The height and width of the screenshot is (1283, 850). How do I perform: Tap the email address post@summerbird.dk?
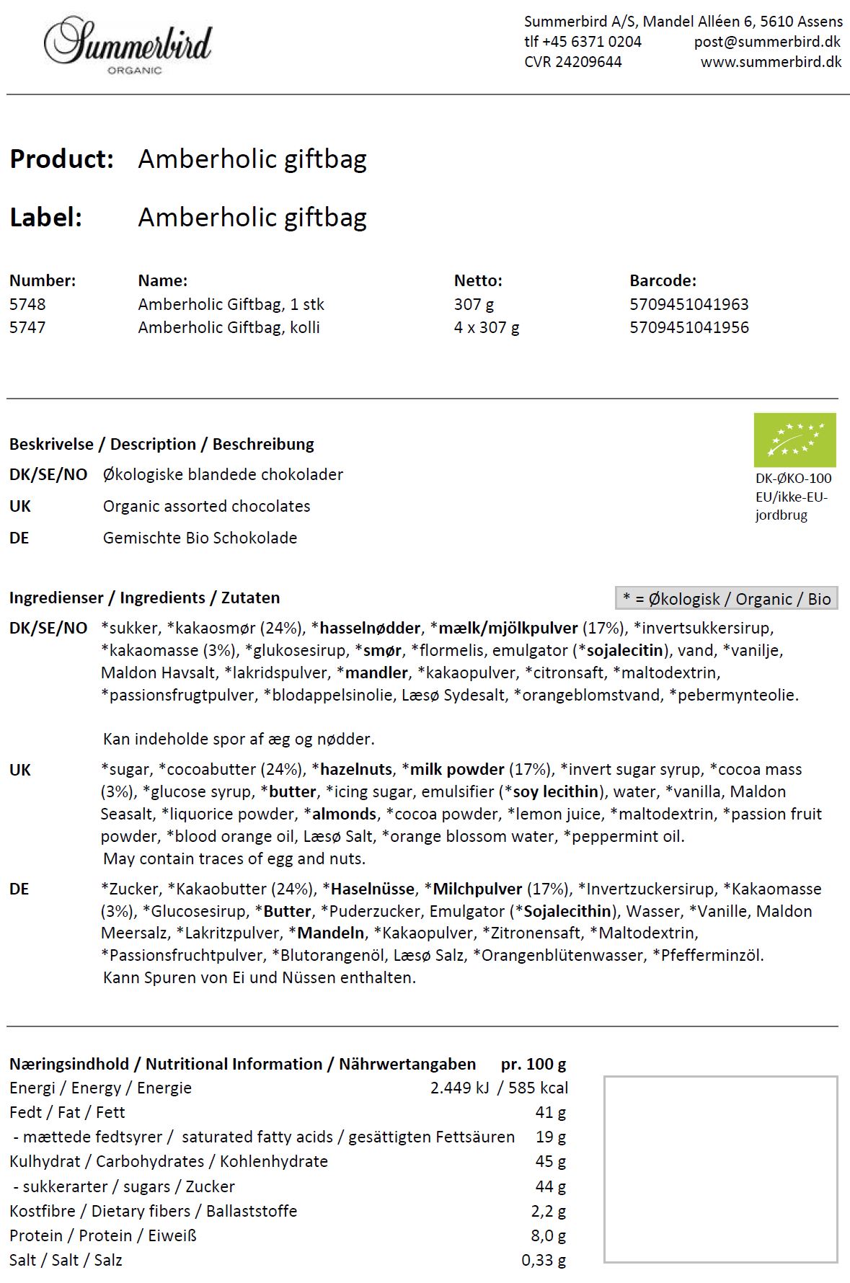767,42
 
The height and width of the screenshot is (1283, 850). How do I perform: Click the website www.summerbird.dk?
771,62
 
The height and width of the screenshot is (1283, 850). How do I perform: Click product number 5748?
27,304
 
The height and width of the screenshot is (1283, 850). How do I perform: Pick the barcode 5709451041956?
689,327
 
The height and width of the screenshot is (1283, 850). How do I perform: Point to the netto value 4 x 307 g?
487,327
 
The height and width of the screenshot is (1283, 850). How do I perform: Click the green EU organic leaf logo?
794,440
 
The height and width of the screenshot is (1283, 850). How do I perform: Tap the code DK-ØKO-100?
793,478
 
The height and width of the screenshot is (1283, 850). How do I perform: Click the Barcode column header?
663,280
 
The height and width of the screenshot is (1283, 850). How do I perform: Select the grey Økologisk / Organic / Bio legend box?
726,598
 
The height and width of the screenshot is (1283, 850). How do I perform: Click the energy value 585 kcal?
538,1088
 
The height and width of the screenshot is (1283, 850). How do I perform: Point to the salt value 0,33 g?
544,1260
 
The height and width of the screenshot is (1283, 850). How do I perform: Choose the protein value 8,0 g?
548,1235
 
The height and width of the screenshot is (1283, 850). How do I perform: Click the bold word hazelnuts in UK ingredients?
356,769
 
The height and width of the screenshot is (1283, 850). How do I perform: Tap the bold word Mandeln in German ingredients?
330,933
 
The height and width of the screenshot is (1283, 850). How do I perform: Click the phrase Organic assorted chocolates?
206,506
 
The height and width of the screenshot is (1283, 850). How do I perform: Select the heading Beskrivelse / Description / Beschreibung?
161,444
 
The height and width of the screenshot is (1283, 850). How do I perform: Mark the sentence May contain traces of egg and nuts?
234,858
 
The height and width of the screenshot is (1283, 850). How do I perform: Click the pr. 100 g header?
534,1064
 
